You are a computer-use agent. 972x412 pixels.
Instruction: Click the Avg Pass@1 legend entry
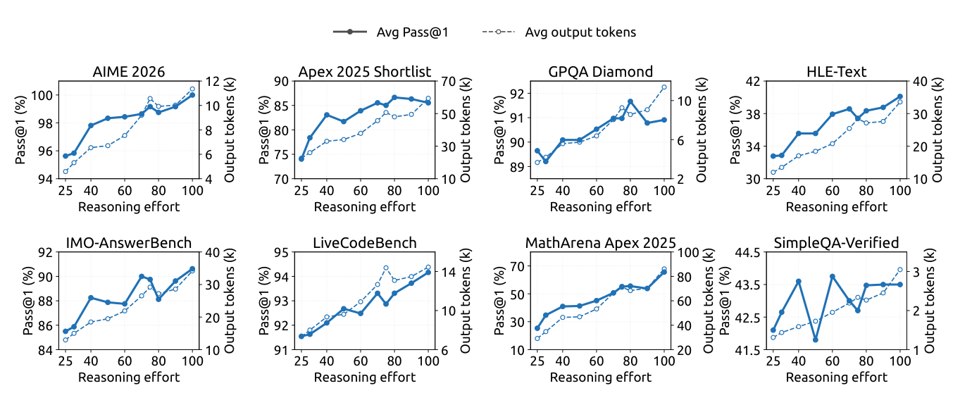coord(390,32)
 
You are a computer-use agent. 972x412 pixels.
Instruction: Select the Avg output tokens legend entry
coord(559,32)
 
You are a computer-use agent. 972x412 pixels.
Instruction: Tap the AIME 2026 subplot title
coord(129,72)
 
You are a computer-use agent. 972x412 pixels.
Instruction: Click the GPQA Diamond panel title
coord(601,72)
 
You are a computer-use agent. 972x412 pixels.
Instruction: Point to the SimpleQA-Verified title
coord(836,243)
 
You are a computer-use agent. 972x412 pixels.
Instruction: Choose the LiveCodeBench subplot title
coord(365,243)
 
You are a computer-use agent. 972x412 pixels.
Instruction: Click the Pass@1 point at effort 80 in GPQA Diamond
coord(630,101)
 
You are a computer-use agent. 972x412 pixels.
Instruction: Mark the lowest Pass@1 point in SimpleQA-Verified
coord(816,339)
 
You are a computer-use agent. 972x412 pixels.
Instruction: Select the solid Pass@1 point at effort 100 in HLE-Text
coord(900,96)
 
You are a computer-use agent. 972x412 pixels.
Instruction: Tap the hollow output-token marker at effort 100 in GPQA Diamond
coord(664,87)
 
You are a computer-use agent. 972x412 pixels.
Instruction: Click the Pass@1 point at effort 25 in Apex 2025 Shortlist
coord(301,159)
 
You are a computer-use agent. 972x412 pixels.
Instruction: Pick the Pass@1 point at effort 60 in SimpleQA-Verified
coord(833,276)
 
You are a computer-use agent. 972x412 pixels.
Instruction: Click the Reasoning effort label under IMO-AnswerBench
coord(129,377)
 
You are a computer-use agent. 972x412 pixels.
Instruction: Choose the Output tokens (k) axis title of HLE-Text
coord(937,130)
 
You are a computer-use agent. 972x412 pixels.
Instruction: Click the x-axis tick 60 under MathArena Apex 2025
coord(596,361)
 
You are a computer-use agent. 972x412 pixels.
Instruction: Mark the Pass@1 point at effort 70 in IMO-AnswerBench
coord(142,276)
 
